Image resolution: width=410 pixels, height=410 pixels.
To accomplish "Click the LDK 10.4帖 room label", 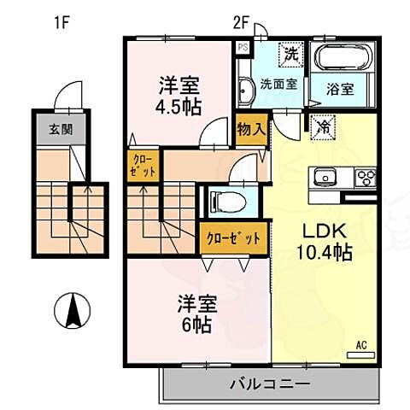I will pyautogui.click(x=324, y=242).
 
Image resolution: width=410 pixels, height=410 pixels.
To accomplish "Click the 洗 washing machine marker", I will pyautogui.click(x=290, y=53).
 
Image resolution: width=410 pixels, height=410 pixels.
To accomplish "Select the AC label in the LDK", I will pyautogui.click(x=360, y=345).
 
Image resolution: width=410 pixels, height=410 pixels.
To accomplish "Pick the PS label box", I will pyautogui.click(x=242, y=48).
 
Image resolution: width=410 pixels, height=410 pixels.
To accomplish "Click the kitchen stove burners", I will pyautogui.click(x=365, y=179).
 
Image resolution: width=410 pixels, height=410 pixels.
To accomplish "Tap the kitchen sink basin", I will pyautogui.click(x=325, y=179).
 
